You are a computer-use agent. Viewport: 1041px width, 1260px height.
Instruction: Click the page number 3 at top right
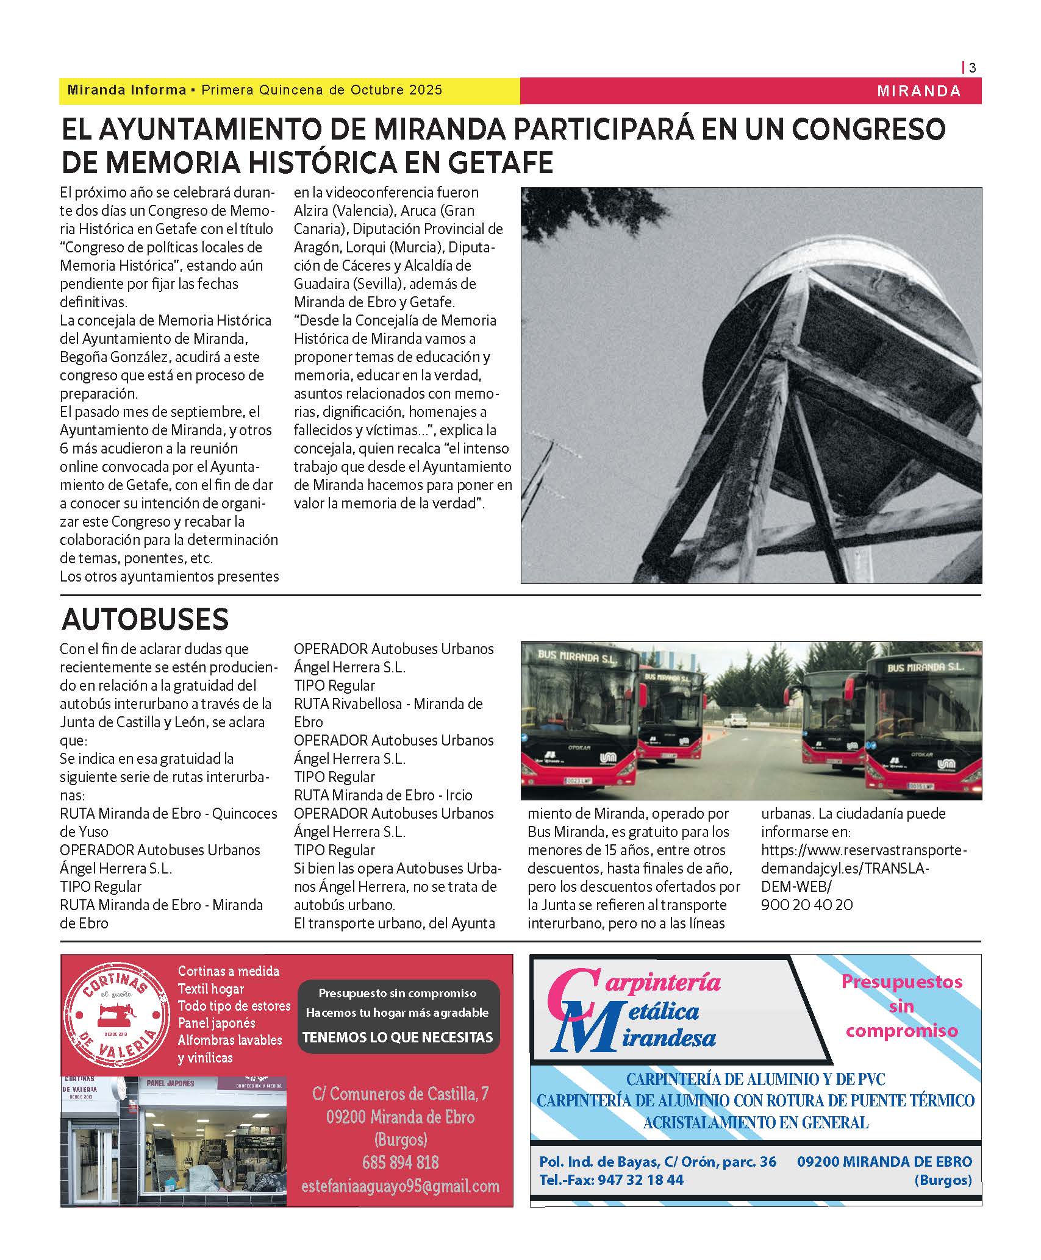pos(972,68)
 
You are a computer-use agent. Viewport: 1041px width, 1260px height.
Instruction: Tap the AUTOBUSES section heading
pos(145,619)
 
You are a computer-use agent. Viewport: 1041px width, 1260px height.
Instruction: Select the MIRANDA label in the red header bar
pos(918,91)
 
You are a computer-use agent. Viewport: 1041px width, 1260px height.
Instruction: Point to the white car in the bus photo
pos(734,721)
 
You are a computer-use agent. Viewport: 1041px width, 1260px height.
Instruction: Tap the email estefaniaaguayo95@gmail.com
pos(400,1186)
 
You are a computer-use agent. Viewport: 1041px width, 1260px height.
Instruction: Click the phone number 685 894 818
pos(400,1162)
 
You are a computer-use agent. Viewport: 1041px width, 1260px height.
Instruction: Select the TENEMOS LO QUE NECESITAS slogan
pos(398,1037)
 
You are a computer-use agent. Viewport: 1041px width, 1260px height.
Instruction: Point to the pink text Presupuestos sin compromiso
pos(901,1006)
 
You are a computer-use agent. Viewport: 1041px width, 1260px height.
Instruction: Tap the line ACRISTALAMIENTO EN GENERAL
pos(756,1122)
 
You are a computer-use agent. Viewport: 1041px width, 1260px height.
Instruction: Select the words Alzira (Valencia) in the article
pos(343,211)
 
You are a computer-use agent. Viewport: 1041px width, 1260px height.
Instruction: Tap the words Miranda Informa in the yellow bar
pos(127,90)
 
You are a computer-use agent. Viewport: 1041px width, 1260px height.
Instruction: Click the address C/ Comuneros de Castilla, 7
pos(400,1094)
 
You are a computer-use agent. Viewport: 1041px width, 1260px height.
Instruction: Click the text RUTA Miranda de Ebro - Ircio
pos(383,796)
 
